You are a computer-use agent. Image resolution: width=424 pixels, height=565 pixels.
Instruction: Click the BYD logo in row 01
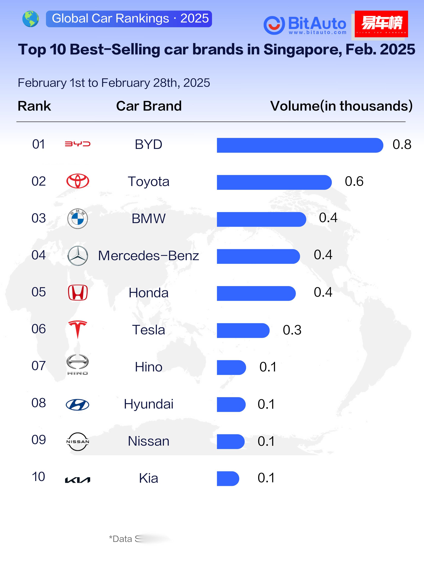pos(77,144)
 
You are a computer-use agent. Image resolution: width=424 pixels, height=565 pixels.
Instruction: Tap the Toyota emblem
pos(78,181)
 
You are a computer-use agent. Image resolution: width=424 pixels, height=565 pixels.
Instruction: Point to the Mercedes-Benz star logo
pos(78,255)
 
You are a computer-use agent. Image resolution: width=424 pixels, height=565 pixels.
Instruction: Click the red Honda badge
pos(78,293)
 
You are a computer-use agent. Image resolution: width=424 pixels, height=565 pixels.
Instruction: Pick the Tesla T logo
pos(78,329)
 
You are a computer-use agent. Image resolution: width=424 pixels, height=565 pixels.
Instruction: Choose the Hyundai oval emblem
pos(77,405)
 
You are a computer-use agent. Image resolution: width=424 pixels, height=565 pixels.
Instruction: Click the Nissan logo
pos(78,442)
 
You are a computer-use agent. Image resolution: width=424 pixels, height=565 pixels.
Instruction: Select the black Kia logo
pos(77,480)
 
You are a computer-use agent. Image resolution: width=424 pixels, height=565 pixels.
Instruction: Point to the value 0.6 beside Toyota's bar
pos(354,181)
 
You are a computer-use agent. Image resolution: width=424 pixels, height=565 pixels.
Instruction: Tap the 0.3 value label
pos(292,330)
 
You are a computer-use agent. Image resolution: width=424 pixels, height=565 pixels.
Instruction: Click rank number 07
pos(39,366)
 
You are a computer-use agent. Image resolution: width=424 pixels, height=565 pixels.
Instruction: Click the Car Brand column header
pos(149,106)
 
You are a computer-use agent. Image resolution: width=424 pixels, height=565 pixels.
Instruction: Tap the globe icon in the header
pos(31,19)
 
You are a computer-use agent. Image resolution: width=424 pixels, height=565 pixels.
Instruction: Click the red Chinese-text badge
pos(381,24)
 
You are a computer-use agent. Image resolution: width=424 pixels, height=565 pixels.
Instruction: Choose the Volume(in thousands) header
pos(341,106)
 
